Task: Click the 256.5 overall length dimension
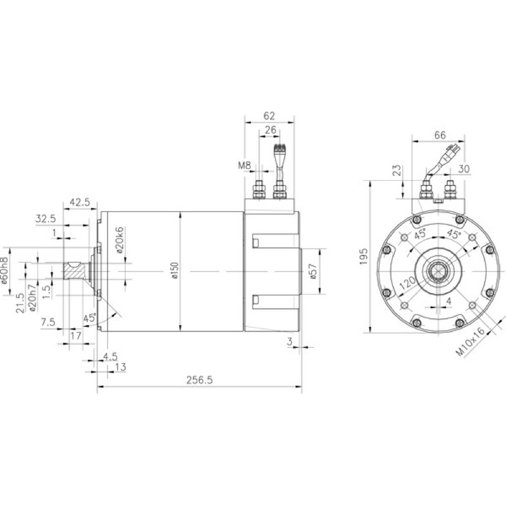tap(200, 380)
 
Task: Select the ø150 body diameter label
tap(175, 271)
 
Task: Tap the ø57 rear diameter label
tap(312, 271)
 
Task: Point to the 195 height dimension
tap(364, 257)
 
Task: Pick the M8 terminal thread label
tap(244, 166)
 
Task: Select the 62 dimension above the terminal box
tap(269, 116)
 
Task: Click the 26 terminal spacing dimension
tap(271, 130)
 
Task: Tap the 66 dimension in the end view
tap(440, 135)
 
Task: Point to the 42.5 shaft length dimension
tap(80, 202)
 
